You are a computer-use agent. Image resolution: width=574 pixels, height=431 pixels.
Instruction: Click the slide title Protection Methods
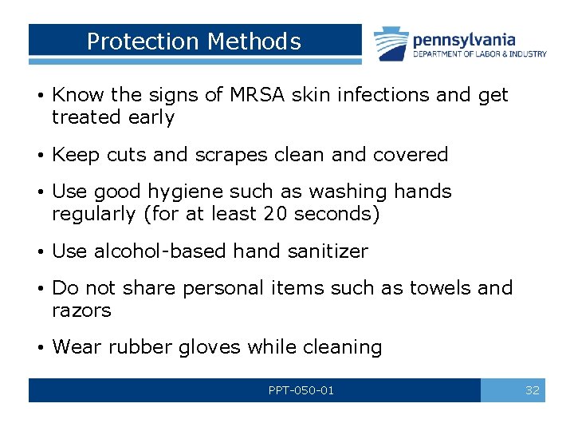coord(194,42)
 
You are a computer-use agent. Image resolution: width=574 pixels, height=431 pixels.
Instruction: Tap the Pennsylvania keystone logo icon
coord(391,43)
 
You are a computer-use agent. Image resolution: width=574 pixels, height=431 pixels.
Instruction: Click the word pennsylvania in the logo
coord(464,39)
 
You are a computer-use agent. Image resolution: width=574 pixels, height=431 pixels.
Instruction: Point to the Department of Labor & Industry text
coord(479,54)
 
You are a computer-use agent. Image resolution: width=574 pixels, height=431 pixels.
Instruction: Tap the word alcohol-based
coord(160,251)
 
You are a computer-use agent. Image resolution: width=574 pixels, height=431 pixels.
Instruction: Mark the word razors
coord(81,310)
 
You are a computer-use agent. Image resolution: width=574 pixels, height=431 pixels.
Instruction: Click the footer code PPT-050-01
coord(301,390)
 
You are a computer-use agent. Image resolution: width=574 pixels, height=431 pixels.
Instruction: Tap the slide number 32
coord(533,390)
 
